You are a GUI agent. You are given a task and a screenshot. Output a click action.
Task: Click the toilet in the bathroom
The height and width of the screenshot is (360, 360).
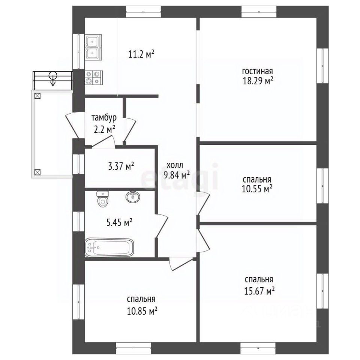coord(103,199)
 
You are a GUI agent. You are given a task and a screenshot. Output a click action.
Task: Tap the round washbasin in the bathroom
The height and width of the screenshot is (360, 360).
coord(133,197)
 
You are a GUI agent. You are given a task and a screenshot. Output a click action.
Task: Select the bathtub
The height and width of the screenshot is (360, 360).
coord(109,247)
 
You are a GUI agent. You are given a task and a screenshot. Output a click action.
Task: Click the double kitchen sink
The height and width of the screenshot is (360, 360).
coord(93,48)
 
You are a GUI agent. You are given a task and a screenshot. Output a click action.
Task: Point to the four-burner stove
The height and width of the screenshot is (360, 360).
coord(94,78)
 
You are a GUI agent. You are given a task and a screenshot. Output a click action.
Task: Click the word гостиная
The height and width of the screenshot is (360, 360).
coord(257,71)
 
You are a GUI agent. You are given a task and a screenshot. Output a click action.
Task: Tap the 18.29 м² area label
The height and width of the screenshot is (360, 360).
coord(258,81)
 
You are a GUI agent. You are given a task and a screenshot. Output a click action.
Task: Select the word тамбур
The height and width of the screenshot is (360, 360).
coord(104,117)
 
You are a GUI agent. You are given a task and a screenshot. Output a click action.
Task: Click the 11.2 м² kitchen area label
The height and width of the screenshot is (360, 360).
coord(141,54)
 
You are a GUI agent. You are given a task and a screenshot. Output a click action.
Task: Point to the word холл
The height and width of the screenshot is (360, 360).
coord(175,165)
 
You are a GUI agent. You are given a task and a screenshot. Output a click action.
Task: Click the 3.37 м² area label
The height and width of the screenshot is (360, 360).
coord(121,166)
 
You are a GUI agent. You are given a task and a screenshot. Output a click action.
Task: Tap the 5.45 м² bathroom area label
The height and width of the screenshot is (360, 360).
coord(119,222)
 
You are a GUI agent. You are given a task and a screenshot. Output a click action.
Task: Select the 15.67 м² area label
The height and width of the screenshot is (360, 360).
coord(259,291)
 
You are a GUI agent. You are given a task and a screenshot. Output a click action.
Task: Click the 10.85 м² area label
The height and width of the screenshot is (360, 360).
coord(142,311)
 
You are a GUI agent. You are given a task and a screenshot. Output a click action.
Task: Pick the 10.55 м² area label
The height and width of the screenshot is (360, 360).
coord(257,189)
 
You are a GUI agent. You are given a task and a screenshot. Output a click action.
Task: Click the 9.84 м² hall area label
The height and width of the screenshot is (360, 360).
coord(177,175)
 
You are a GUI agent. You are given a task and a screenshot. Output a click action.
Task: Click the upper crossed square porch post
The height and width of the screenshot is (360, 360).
coord(37,96)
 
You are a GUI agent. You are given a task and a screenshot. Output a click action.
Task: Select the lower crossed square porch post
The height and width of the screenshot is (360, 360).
coord(37,172)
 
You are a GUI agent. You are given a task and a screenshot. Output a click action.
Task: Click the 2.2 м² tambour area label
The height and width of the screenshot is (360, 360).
coord(105,130)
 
